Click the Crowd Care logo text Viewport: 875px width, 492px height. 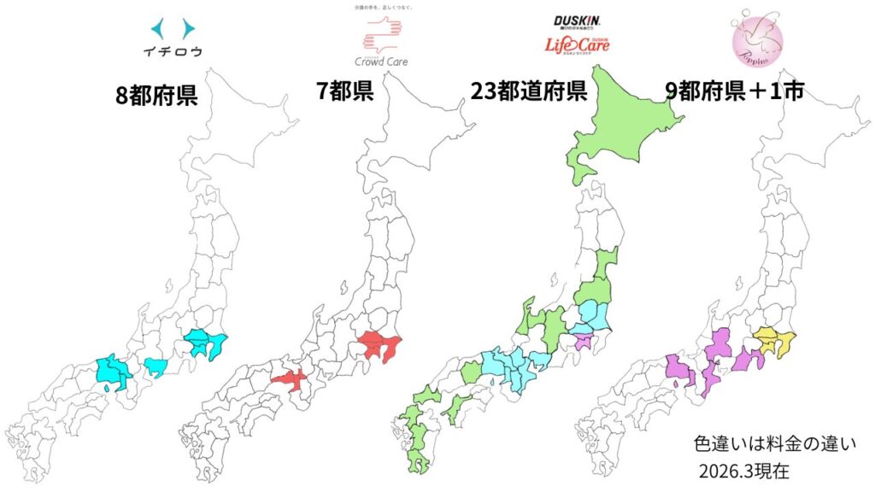pos(381,61)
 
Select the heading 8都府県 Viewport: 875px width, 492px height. pos(156,95)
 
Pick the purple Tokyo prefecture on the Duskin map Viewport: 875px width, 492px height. pos(584,342)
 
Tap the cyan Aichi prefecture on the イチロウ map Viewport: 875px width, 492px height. pos(155,367)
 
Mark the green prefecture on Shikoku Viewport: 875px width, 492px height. pos(460,403)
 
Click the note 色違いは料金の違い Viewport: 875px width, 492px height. pos(775,444)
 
